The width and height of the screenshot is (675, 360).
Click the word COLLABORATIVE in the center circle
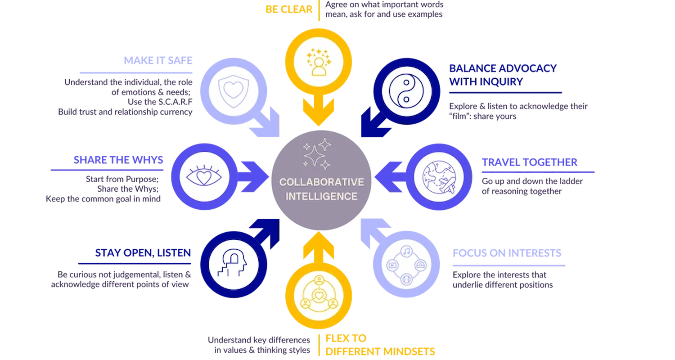pyautogui.click(x=321, y=182)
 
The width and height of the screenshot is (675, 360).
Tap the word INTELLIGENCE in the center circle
pyautogui.click(x=321, y=197)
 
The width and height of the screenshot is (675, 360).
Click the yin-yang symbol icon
pyautogui.click(x=407, y=91)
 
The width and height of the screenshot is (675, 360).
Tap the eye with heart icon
pyautogui.click(x=199, y=176)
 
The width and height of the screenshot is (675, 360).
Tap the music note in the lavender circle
pyautogui.click(x=406, y=250)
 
